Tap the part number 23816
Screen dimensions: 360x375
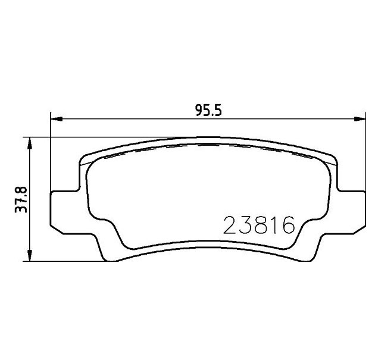(259, 226)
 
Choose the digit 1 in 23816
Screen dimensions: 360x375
(274, 226)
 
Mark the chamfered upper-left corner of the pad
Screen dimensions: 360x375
(83, 159)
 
